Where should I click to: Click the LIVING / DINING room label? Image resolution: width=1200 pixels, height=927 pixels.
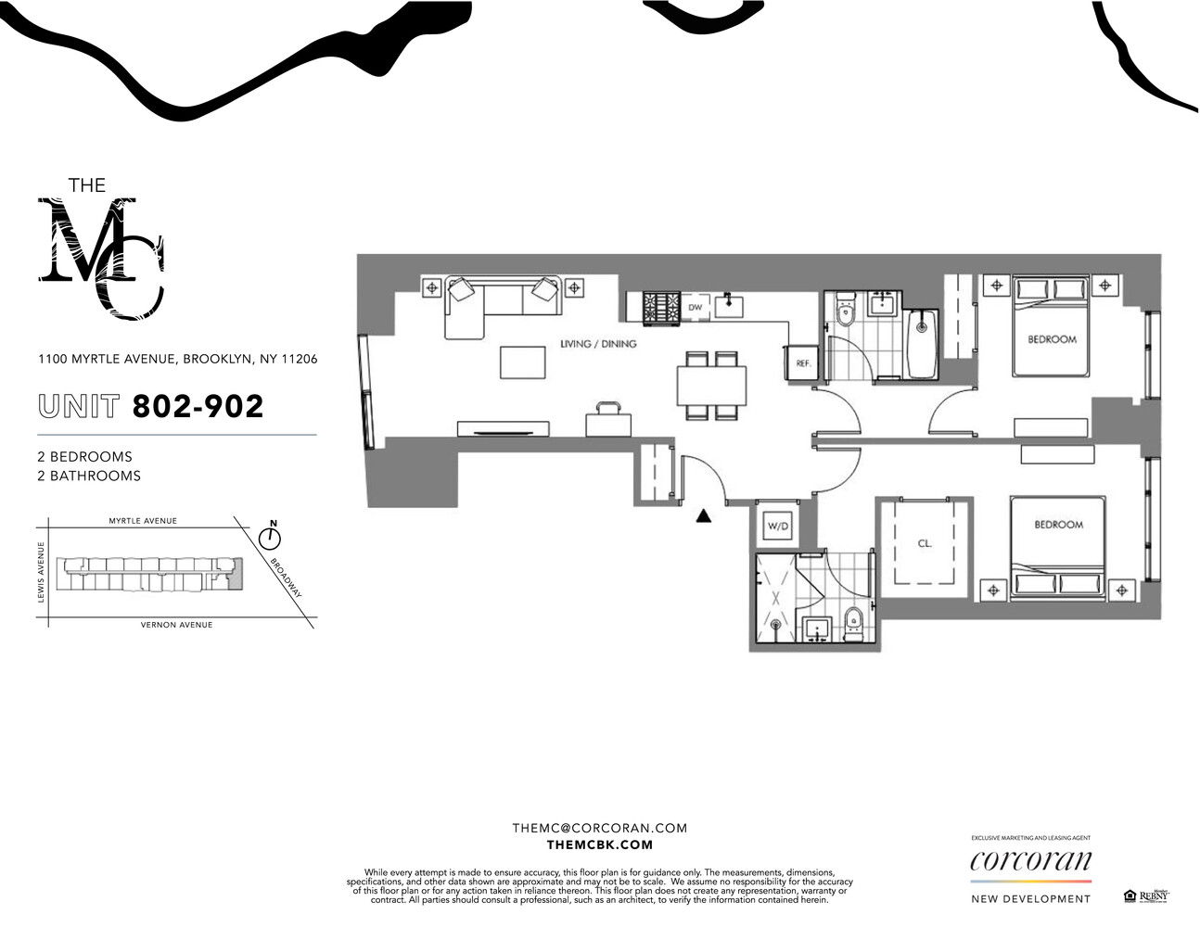(598, 344)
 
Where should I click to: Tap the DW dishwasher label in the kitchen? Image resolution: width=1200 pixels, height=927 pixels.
(695, 307)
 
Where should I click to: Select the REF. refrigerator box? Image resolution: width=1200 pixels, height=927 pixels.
(802, 362)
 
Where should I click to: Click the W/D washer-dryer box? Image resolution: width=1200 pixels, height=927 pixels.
(777, 527)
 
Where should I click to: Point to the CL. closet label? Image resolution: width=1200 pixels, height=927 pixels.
(924, 543)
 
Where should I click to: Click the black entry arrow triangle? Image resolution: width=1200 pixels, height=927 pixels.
(704, 516)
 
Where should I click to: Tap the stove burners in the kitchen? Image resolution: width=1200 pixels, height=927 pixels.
(662, 307)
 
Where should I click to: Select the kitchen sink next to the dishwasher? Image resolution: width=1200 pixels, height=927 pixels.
(730, 304)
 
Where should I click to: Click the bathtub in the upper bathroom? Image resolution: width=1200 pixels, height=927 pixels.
(922, 345)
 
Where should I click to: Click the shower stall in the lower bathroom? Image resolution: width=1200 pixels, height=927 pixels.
(775, 599)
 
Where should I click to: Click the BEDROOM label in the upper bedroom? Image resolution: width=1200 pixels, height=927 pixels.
(1052, 339)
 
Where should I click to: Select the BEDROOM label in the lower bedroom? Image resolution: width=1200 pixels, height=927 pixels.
(1058, 525)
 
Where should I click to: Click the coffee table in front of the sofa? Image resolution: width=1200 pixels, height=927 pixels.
(522, 362)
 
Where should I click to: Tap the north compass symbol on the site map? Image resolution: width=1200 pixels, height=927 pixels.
(271, 537)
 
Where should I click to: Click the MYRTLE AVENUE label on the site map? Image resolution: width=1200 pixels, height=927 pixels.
(143, 521)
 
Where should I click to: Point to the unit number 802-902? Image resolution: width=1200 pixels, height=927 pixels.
(198, 406)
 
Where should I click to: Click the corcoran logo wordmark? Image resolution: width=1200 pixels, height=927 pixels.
(1030, 861)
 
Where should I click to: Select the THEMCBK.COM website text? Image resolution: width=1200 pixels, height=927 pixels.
(599, 844)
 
